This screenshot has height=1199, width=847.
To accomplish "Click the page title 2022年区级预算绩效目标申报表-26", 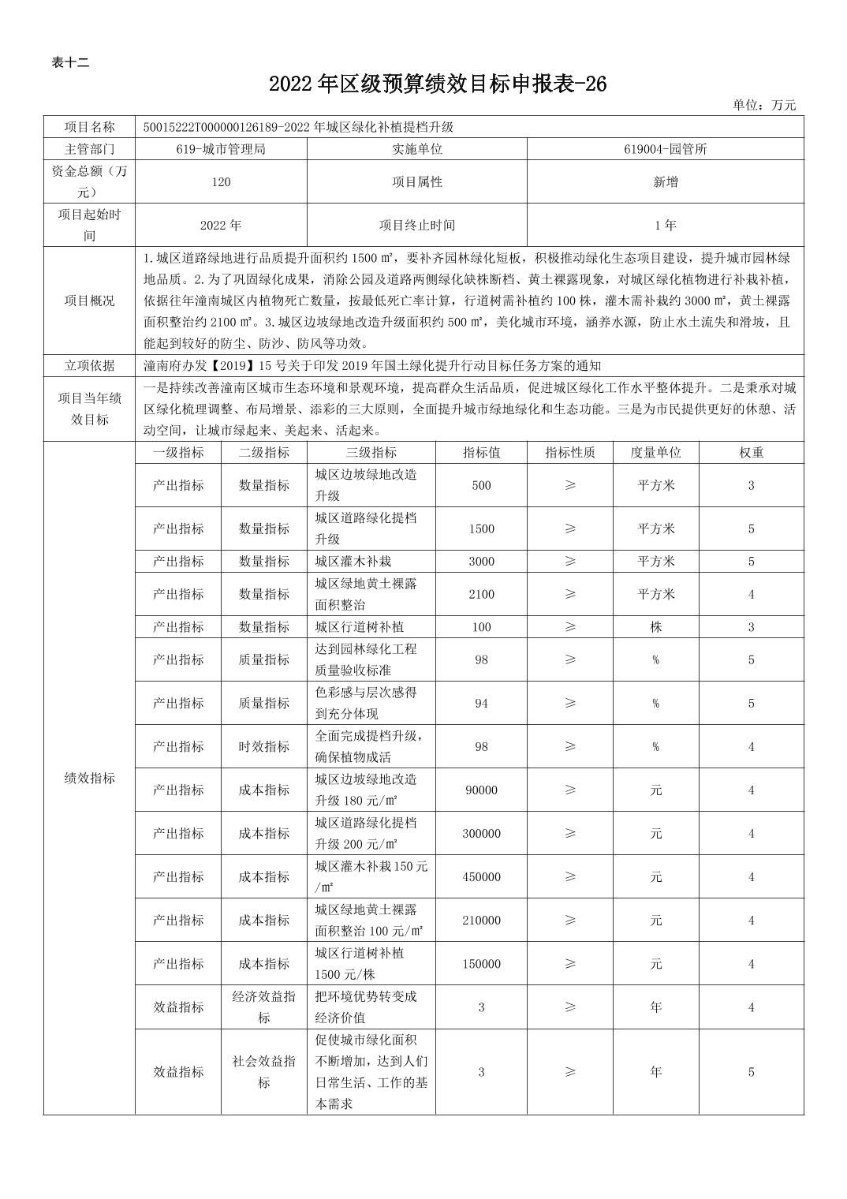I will click(x=438, y=84).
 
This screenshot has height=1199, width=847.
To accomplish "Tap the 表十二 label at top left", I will click(x=70, y=63).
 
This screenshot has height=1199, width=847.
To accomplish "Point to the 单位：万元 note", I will click(x=764, y=105).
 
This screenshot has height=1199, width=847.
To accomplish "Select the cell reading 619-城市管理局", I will click(x=221, y=148).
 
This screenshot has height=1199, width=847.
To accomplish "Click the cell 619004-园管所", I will click(x=665, y=148).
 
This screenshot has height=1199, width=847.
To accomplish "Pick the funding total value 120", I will click(x=221, y=182).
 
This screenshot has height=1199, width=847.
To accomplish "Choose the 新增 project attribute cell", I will click(x=665, y=182).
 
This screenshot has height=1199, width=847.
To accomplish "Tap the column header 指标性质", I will click(x=570, y=453).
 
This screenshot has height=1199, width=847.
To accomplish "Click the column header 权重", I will click(x=751, y=453).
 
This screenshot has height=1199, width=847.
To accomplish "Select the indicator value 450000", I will click(x=482, y=877).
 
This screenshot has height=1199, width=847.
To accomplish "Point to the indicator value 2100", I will click(x=482, y=594).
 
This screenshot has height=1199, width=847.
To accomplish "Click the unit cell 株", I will click(x=655, y=627).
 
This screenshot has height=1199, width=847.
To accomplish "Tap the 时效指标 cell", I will click(x=264, y=746).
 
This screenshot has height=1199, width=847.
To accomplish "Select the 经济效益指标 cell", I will click(x=264, y=1007).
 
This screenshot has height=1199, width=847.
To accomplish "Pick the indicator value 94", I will click(x=482, y=703).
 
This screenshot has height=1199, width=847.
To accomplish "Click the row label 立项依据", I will click(x=89, y=365).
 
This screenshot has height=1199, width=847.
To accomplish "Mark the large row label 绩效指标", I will click(x=89, y=778).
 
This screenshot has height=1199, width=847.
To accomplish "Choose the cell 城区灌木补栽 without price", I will click(x=353, y=562).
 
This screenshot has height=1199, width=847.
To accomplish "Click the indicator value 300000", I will click(x=482, y=834).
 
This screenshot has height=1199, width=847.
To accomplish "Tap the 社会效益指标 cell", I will click(x=264, y=1071).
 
